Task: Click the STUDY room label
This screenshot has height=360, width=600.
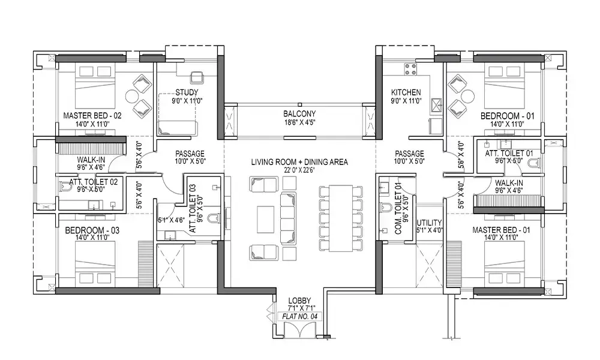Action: click(187, 92)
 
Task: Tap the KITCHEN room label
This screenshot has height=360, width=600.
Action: click(406, 92)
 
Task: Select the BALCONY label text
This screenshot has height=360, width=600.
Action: click(299, 113)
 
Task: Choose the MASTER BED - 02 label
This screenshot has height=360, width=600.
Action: click(92, 115)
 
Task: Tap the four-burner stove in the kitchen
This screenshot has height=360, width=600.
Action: click(410, 70)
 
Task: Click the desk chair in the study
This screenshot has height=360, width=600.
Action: click(196, 77)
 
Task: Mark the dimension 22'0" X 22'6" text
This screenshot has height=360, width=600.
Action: click(299, 170)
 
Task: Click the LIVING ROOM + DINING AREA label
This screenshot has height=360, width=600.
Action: click(299, 162)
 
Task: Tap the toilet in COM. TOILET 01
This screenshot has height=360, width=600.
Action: click(386, 208)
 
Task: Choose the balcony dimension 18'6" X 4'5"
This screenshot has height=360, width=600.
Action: click(299, 122)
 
